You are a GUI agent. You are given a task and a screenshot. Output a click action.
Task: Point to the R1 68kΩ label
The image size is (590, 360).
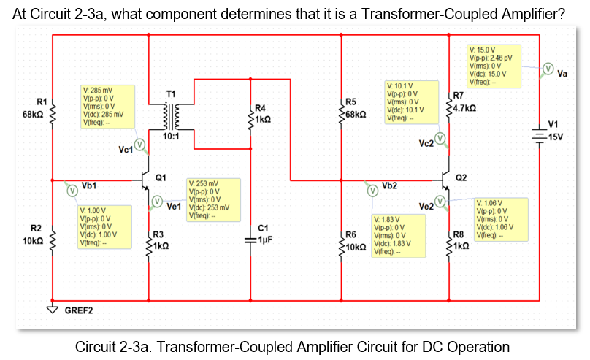36,108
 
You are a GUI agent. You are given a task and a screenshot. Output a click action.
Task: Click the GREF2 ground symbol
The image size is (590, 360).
53,307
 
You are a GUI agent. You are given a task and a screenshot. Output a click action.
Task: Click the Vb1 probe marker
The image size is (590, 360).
72,190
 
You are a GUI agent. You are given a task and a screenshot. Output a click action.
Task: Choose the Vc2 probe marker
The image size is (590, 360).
440,138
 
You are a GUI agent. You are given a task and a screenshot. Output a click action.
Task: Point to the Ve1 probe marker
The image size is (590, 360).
157,201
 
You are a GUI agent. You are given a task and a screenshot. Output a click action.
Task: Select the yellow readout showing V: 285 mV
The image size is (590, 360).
107,107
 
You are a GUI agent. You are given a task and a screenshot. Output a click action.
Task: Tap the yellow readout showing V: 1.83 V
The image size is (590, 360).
398,235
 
